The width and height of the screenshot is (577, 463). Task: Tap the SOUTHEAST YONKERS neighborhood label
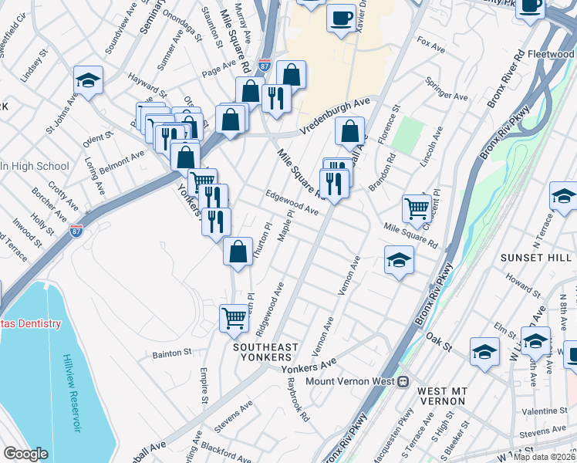[262, 352]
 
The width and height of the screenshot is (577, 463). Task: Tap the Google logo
[26, 454]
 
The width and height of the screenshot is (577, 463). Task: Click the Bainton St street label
[172, 353]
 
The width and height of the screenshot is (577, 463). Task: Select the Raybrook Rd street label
[297, 398]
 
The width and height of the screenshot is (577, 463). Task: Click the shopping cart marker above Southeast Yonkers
[234, 318]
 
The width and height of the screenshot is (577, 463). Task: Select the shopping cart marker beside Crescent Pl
[417, 208]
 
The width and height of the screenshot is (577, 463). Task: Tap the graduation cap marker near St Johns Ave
[89, 80]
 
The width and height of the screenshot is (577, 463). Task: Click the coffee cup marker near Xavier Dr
[341, 18]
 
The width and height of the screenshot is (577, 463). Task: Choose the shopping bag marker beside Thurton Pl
[238, 251]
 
